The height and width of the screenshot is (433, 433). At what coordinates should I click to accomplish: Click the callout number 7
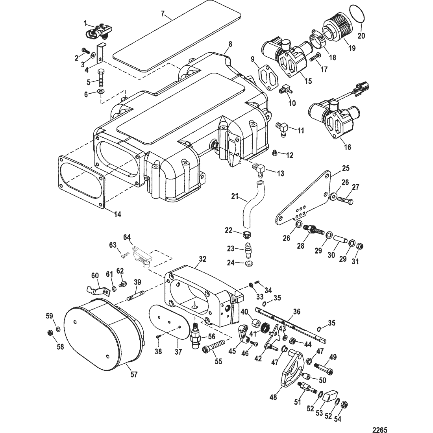tap(162, 13)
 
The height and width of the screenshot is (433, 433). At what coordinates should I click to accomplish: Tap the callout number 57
tap(134, 375)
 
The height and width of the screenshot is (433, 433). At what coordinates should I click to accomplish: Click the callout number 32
tap(202, 259)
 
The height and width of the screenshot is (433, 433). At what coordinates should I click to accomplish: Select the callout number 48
tap(273, 398)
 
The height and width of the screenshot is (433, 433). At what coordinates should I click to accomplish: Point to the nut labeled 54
tap(344, 405)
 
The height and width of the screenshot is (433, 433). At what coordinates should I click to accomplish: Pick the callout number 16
tap(348, 147)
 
